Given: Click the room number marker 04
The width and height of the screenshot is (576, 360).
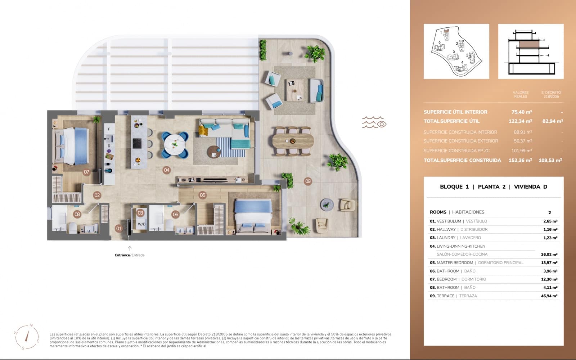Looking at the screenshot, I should pyautogui.click(x=166, y=170).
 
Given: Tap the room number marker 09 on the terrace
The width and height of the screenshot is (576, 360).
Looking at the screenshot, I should pyautogui.click(x=307, y=181).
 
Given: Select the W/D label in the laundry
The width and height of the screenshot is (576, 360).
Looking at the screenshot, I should pyautogui.click(x=141, y=224).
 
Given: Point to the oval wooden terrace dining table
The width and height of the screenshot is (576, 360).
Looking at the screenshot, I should pyautogui.click(x=292, y=140).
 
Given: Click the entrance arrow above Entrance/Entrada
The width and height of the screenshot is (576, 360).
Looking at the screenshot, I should pyautogui.click(x=130, y=248).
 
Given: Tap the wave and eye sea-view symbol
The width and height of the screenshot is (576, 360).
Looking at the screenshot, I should pyautogui.click(x=374, y=122).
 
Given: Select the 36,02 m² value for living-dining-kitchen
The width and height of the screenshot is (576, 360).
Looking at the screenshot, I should pyautogui.click(x=549, y=255).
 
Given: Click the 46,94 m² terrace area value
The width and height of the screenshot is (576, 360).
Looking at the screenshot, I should pyautogui.click(x=549, y=296).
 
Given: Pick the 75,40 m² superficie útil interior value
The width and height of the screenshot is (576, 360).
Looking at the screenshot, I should pyautogui.click(x=522, y=112).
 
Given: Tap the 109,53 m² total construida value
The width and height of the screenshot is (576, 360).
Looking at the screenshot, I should pyautogui.click(x=550, y=160).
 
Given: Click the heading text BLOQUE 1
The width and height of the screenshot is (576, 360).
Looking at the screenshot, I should pyautogui.click(x=454, y=186).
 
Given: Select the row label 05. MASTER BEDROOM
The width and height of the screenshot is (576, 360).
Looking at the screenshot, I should pyautogui.click(x=451, y=263).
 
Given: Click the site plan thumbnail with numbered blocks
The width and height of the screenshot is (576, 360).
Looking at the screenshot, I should pyautogui.click(x=456, y=51).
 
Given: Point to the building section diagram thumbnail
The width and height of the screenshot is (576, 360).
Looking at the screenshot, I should pyautogui.click(x=531, y=51).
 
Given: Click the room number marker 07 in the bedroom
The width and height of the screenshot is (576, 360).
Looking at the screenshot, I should pyautogui.click(x=86, y=172).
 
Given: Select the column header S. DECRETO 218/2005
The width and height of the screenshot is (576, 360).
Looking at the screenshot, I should pyautogui.click(x=551, y=94).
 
